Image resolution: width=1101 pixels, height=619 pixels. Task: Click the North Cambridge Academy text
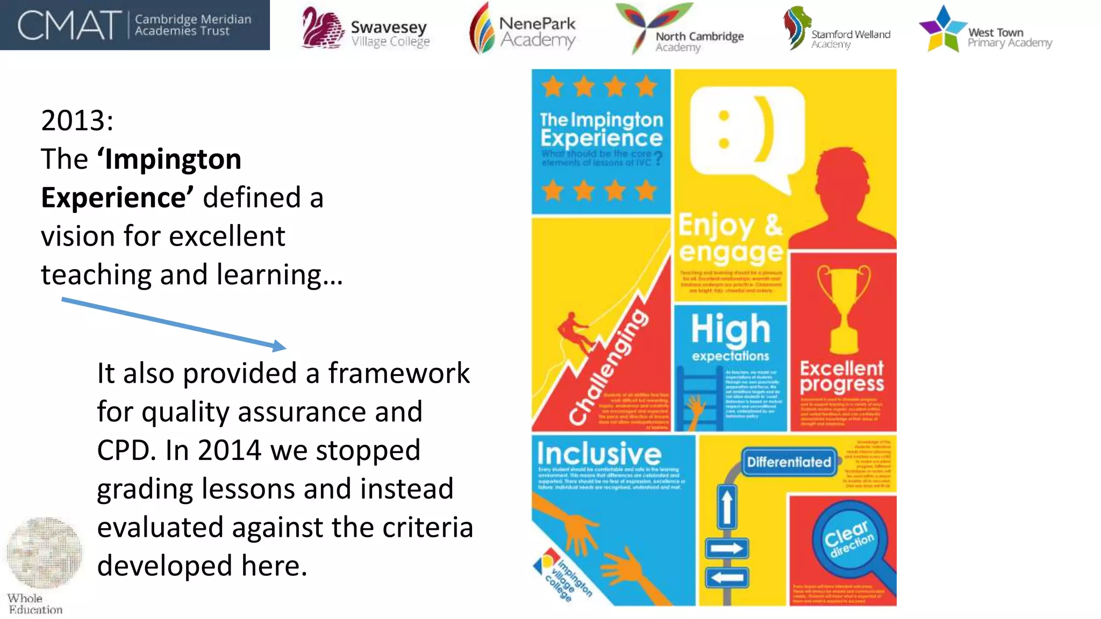[699, 41]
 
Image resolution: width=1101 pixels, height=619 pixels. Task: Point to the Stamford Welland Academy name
[850, 38]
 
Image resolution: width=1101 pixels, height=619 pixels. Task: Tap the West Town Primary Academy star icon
[942, 28]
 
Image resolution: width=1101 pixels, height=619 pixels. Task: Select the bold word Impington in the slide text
[173, 160]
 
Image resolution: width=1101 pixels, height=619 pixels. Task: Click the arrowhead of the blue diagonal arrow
[280, 346]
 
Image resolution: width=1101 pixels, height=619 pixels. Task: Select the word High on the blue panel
[730, 329]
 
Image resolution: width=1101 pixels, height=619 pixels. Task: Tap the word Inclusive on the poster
[599, 454]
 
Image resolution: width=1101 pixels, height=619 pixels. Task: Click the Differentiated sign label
[789, 462]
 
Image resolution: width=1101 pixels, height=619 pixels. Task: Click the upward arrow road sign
[726, 507]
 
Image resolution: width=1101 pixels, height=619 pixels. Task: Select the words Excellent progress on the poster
[841, 376]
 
